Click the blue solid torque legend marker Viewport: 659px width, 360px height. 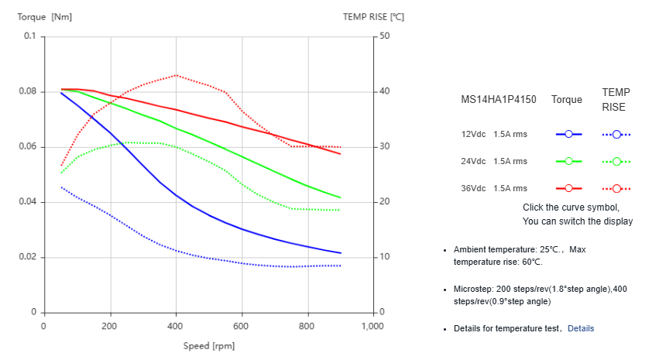[568, 134]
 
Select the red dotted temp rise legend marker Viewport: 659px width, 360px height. [616, 188]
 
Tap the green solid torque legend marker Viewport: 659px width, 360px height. [568, 161]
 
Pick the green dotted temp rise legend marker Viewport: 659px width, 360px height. [616, 161]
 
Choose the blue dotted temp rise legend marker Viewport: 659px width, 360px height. [616, 134]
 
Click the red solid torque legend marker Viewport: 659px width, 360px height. [568, 188]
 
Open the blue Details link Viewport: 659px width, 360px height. [581, 328]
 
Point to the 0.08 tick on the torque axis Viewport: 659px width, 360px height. [29, 91]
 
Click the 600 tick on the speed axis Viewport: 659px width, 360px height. [242, 326]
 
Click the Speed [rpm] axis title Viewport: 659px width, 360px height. [209, 346]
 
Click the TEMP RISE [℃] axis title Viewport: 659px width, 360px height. [374, 16]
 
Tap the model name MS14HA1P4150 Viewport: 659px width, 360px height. [499, 100]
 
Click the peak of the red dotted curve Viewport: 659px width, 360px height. [177, 75]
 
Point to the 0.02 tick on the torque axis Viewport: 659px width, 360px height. [29, 257]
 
